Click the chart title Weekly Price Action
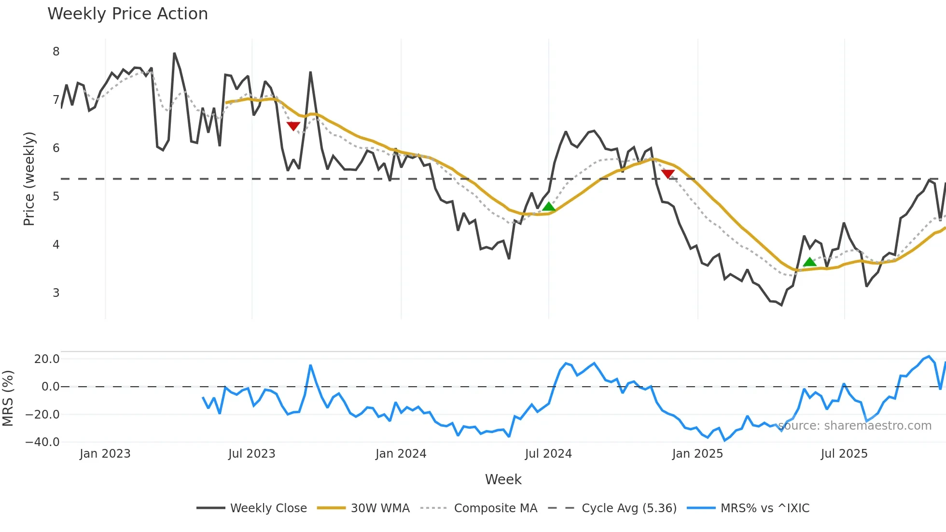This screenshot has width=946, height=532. click(127, 14)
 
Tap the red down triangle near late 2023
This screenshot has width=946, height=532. click(293, 126)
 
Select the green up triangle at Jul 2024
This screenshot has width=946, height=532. click(548, 207)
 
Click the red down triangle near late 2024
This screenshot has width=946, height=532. click(668, 174)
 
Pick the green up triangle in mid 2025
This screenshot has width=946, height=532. click(809, 262)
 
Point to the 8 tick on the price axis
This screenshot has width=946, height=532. click(56, 52)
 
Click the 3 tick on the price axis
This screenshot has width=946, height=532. click(56, 293)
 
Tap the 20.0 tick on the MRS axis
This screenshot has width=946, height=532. click(47, 359)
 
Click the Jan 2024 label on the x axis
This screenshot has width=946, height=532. click(401, 454)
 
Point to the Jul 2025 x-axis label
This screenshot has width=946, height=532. click(844, 454)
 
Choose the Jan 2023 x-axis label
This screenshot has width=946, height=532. click(105, 454)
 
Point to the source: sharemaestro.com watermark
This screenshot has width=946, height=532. click(854, 426)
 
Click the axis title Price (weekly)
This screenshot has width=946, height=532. click(29, 179)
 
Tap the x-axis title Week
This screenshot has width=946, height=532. click(503, 479)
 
